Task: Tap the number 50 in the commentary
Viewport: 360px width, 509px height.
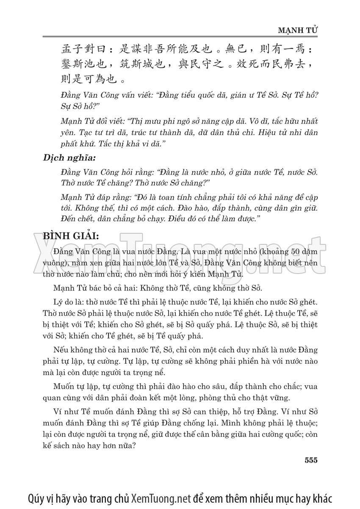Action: tap(289, 252)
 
